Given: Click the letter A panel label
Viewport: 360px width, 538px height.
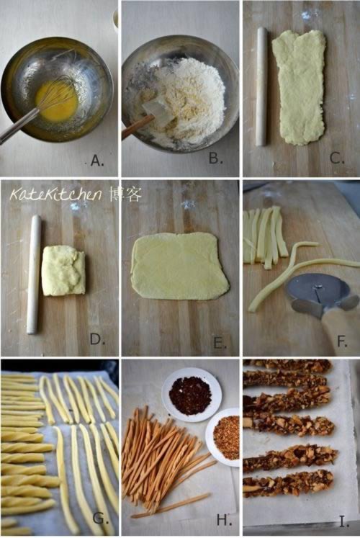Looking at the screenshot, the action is [97, 161].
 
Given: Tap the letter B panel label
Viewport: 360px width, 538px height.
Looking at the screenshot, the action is [216, 158].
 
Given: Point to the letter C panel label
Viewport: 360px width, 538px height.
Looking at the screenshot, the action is [337, 158].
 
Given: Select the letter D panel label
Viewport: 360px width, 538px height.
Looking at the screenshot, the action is [97, 339].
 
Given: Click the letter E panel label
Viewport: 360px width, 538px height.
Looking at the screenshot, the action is [220, 343].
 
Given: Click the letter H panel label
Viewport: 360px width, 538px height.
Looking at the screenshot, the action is [224, 520].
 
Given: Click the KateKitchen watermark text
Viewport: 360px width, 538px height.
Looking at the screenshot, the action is [56, 195].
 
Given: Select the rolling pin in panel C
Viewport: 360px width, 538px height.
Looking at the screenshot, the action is [261, 86].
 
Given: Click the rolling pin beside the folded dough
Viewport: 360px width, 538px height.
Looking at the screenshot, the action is [35, 274].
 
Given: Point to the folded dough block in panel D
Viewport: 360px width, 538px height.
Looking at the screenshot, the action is [63, 270].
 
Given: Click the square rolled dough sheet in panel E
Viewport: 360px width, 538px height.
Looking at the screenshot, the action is [180, 266].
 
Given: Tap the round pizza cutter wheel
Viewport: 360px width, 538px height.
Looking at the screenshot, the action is [318, 295].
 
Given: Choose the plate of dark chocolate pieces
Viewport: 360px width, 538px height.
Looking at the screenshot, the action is [192, 394].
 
